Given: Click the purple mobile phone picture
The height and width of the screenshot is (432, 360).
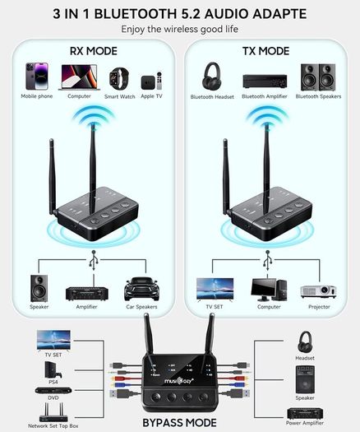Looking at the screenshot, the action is pyautogui.click(x=37, y=76).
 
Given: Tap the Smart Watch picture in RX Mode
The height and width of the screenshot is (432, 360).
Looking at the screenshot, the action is pyautogui.click(x=119, y=79).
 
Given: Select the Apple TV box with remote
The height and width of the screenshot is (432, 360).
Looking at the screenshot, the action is pyautogui.click(x=151, y=81).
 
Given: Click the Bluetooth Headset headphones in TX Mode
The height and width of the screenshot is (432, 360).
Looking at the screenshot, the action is pyautogui.click(x=211, y=76).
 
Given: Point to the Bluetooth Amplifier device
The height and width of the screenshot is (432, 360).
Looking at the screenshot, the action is pyautogui.click(x=265, y=81).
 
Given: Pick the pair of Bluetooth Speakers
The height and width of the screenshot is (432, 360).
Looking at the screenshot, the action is pyautogui.click(x=318, y=77).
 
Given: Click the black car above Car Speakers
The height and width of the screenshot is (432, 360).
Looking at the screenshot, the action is pyautogui.click(x=141, y=289).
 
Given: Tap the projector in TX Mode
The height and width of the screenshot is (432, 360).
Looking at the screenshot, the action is pyautogui.click(x=318, y=291).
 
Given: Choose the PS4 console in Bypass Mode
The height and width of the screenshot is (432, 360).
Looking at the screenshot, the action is pyautogui.click(x=53, y=369).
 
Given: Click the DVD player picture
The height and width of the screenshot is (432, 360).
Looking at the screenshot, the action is pyautogui.click(x=53, y=390).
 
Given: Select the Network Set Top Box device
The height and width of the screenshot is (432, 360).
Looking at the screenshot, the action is pyautogui.click(x=53, y=412).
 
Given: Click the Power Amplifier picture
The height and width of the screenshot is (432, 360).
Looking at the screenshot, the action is pyautogui.click(x=305, y=413).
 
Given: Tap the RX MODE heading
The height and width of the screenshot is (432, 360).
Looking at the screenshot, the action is pyautogui.click(x=94, y=51).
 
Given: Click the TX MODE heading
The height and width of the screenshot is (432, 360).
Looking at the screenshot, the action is pyautogui.click(x=265, y=51).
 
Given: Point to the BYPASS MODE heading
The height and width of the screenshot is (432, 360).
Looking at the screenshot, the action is pyautogui.click(x=179, y=423).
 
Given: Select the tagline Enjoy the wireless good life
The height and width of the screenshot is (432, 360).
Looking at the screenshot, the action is pyautogui.click(x=180, y=29).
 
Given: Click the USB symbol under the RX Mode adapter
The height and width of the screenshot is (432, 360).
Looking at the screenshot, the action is pyautogui.click(x=94, y=260).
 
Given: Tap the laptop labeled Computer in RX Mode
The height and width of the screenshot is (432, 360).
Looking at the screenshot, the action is pyautogui.click(x=79, y=77).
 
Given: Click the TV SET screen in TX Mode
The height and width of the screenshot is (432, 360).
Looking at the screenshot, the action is pyautogui.click(x=215, y=289).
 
